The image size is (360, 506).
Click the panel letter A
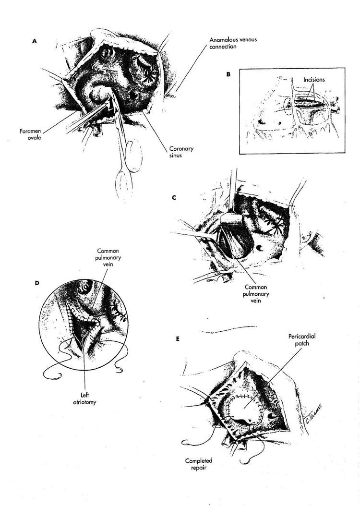coord(34,42)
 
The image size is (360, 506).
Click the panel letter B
coord(228,74)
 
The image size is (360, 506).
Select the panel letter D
coord(37,283)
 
